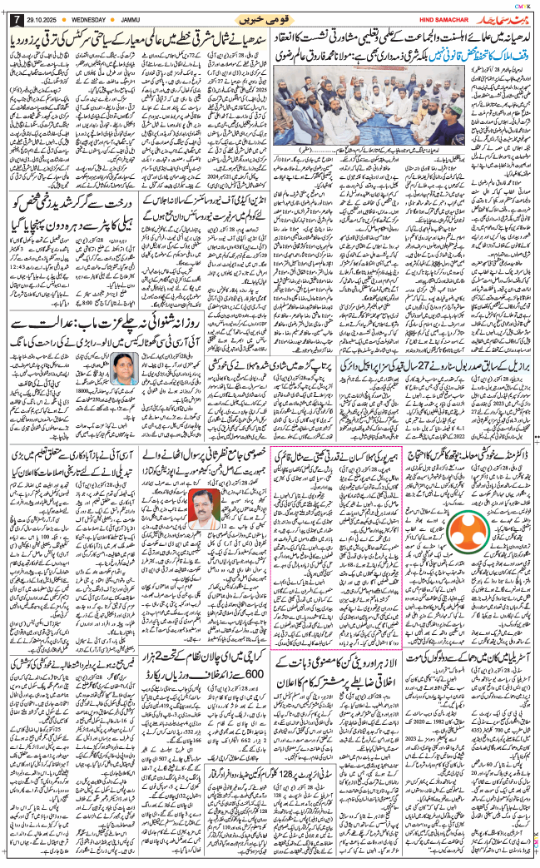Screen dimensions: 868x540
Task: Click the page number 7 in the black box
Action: [12, 17]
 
